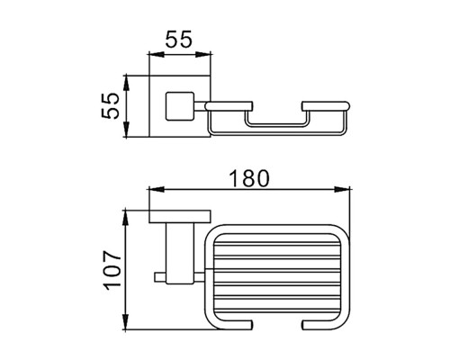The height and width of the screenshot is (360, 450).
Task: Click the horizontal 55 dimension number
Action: click(x=178, y=40)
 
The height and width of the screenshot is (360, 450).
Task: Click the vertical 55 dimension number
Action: click(x=111, y=106)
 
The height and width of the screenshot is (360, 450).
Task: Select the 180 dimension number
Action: click(x=249, y=178)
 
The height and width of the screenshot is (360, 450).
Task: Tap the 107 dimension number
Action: click(x=112, y=271)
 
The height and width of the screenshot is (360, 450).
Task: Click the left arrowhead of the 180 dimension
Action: click(x=157, y=189)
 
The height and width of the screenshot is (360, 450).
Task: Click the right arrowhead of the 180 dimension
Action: click(x=342, y=189)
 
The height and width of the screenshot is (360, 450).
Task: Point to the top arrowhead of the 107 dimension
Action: click(x=126, y=218)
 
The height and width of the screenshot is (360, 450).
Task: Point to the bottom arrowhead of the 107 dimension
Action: click(x=126, y=321)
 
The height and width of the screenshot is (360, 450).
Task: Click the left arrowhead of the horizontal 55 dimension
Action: click(x=157, y=55)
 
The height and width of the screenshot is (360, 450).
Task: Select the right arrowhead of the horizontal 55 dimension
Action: click(x=203, y=55)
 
